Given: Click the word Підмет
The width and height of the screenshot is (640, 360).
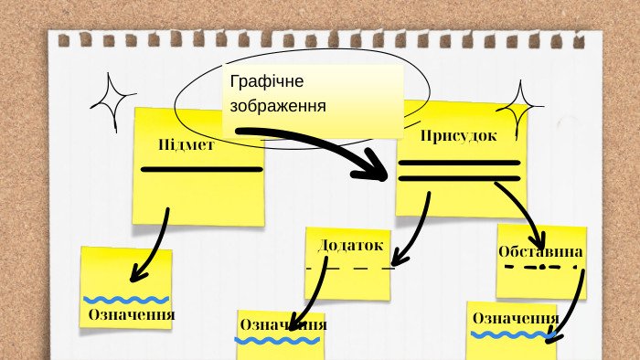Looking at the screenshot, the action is pos(187,144).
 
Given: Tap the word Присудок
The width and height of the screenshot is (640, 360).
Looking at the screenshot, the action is pos(458,136).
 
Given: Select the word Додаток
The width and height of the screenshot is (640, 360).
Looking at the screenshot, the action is pos(350,245).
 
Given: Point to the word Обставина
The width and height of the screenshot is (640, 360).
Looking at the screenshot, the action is pos(540,251).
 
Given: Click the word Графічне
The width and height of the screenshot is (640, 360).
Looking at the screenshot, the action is pos(267,81).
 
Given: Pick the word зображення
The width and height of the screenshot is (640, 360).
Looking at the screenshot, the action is pos(278,106).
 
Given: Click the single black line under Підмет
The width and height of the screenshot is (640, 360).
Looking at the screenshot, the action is pos(202,169).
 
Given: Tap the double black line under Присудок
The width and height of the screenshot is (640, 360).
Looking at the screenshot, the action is pos(459,171).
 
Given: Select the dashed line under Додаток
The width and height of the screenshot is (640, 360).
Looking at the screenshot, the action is pos(350,269).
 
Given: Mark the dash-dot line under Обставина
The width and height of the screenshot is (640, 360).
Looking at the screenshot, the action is pos(541,268).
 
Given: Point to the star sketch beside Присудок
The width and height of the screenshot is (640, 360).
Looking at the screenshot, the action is pos(519,107).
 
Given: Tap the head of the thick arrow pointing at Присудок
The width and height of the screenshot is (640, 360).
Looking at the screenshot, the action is pos(373,167).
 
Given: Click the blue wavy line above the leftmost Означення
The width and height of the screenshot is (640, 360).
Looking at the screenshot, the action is pos(126,300).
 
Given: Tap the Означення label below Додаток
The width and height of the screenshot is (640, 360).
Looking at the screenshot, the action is pos(283,325).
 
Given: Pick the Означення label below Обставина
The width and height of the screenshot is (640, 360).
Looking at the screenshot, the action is pos(516,318).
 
